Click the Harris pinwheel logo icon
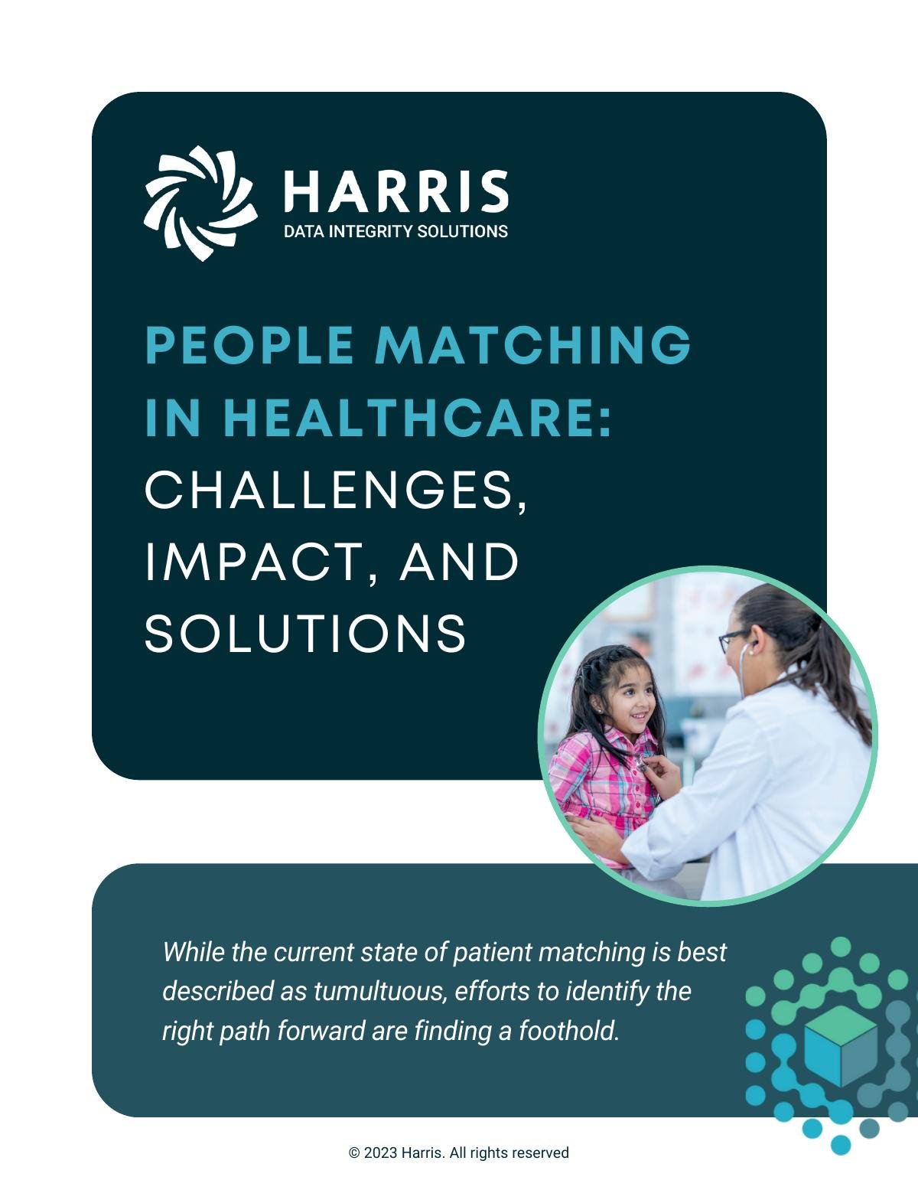pos(200,203)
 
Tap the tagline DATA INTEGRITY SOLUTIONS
pos(396,232)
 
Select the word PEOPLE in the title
pos(250,345)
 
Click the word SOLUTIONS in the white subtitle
pos(305,634)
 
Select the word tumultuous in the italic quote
pos(378,991)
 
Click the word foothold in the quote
pos(569,1031)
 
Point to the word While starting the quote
pos(194,952)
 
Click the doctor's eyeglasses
pos(733,641)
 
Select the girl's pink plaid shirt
pos(602,788)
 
